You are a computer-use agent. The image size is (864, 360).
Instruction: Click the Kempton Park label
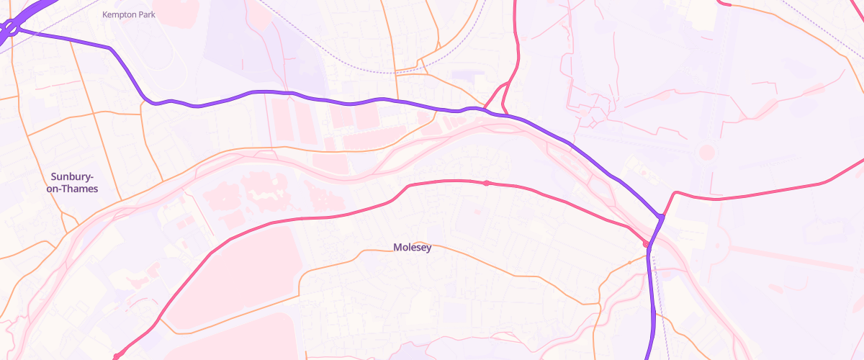coord(129,14)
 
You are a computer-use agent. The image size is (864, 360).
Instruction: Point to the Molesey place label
coord(413,248)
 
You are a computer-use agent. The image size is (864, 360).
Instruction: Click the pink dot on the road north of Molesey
coord(487,183)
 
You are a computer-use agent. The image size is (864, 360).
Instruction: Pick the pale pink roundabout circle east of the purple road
coord(707,153)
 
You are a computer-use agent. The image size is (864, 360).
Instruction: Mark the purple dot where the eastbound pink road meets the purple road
coord(661,216)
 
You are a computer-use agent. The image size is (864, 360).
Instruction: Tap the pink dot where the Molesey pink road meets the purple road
coord(647,245)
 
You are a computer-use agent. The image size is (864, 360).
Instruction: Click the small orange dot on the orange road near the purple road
coord(629,263)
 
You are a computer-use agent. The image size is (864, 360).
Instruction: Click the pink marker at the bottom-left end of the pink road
coord(116,356)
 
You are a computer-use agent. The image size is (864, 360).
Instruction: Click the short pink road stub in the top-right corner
coord(724,3)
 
